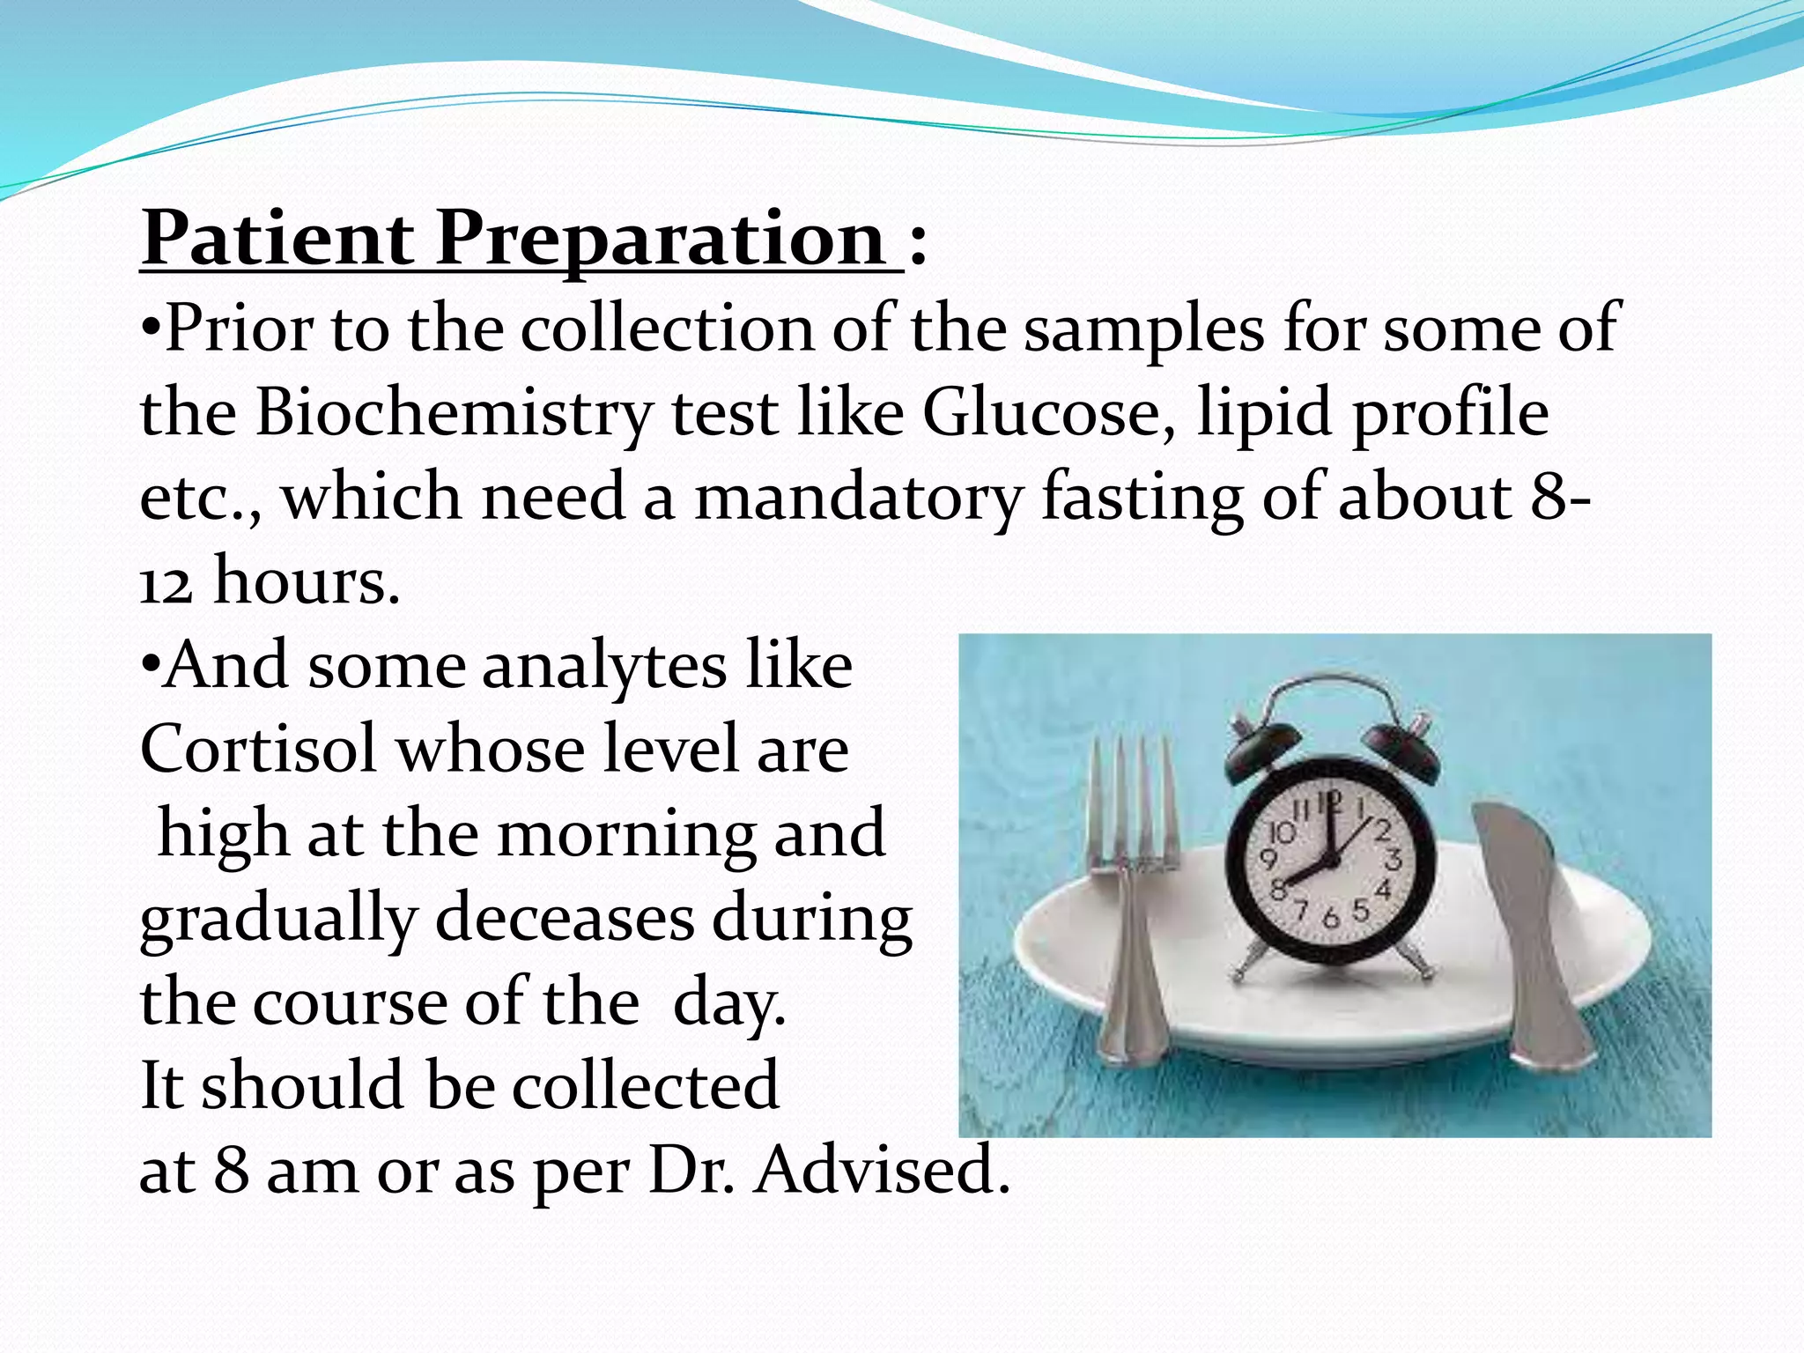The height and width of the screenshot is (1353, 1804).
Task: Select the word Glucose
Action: pos(1048,412)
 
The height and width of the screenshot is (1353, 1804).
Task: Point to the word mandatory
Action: pos(858,497)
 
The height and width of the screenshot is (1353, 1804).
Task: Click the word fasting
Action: pos(1142,499)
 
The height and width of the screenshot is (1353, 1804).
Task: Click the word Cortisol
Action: pos(258,750)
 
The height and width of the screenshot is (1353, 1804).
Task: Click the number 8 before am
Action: pos(232,1171)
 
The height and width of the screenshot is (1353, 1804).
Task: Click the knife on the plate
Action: pos(1528,925)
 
